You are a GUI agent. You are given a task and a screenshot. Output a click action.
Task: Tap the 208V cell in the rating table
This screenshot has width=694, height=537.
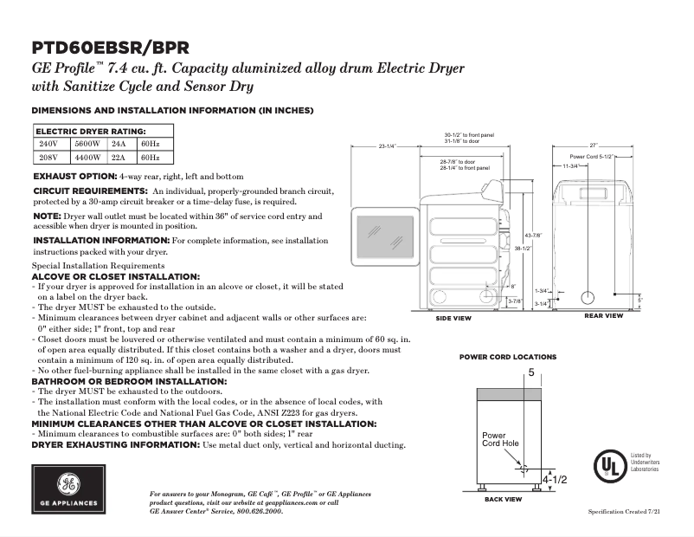[x=48, y=158]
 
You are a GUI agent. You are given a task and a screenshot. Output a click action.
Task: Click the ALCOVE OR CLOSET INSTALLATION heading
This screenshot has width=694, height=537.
[x=115, y=275]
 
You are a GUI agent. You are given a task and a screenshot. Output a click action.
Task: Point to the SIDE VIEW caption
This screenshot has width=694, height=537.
[x=453, y=319]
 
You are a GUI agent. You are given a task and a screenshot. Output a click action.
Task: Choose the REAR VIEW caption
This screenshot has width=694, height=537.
[x=603, y=316]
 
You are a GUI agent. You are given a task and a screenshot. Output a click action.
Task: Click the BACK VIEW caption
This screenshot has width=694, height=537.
[x=502, y=500]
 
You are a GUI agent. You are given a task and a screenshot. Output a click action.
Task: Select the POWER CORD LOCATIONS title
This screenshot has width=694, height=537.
[x=507, y=357]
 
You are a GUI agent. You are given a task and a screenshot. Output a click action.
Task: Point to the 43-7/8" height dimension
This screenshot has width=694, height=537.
[x=533, y=236]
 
